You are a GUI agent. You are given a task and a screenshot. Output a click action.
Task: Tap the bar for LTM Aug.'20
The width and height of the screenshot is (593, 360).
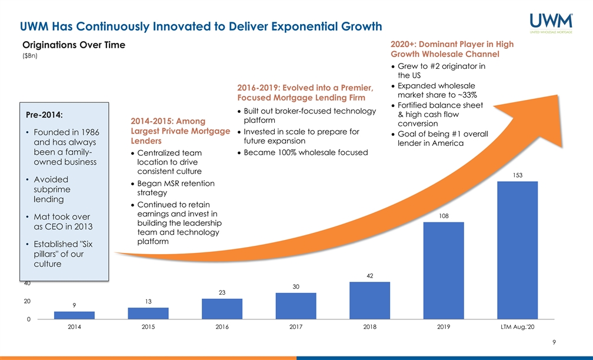[518, 250]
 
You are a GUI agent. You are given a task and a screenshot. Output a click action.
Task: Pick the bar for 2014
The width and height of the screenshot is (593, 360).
[75, 315]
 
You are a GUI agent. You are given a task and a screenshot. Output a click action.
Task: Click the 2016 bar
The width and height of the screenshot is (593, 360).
[222, 309]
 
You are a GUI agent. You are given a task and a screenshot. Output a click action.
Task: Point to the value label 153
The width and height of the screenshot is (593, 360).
[518, 175]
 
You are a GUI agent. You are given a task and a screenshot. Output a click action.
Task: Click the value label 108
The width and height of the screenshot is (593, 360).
[444, 216]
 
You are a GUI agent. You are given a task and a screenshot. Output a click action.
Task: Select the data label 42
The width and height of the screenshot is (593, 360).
[369, 275]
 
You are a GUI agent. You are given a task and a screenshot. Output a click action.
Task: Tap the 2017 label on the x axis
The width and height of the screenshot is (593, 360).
[296, 328]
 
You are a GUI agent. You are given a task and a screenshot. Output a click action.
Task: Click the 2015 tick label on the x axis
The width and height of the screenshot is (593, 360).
[148, 328]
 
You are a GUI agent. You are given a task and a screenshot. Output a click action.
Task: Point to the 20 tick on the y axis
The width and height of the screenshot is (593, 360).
[27, 301]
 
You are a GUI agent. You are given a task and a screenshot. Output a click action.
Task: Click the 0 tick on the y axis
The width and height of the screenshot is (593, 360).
[29, 319]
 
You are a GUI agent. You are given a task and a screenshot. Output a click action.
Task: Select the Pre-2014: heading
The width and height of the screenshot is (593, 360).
[44, 114]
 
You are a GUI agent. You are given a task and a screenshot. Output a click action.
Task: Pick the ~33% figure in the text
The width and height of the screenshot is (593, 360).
[465, 96]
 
